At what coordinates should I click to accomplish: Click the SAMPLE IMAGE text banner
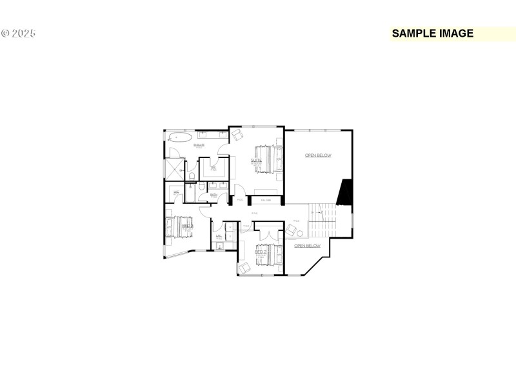433,34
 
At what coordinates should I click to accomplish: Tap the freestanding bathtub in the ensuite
179,137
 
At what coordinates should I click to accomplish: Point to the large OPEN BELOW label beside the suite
318,155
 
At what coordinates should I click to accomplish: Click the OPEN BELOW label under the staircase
307,246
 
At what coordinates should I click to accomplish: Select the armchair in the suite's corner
237,134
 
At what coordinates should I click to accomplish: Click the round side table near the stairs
299,233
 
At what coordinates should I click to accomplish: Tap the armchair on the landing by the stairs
291,230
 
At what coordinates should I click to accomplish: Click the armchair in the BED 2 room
244,268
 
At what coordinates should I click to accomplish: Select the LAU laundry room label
219,236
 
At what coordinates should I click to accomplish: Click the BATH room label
213,194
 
